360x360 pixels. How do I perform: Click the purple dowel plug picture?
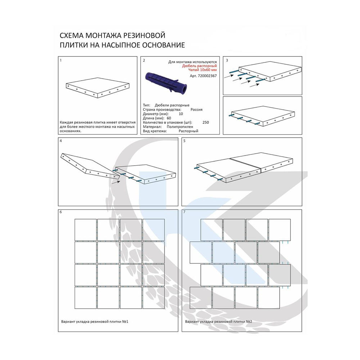[x=166, y=83]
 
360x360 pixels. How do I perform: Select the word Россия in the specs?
[x=197, y=109]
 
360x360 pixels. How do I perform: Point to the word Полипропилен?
[x=180, y=127]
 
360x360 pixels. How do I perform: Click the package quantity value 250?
[x=206, y=122]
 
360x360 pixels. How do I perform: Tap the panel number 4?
[x=61, y=141]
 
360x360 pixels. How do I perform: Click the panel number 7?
[x=184, y=212]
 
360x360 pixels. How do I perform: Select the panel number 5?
[x=184, y=141]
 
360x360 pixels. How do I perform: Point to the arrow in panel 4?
[x=116, y=182]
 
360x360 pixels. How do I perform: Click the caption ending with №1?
[x=95, y=321]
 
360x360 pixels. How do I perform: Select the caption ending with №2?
[x=219, y=321]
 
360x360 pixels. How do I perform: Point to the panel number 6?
[x=61, y=212]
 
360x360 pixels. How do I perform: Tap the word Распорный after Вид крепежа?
[x=188, y=131]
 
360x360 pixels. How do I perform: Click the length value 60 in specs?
[x=169, y=118]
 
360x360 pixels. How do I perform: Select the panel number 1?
[x=60, y=60]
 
